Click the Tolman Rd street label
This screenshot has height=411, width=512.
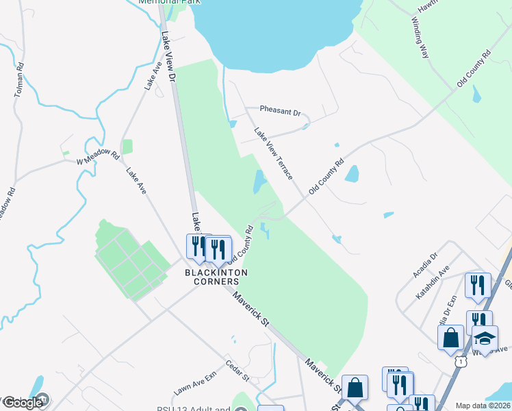(18, 80)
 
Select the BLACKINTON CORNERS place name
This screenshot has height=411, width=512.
(216, 277)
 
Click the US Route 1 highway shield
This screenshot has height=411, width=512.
(461, 360)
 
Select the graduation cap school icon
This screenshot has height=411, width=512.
(485, 338)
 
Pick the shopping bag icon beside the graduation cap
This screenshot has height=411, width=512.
(451, 336)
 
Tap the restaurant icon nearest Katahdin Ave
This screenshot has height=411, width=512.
(477, 284)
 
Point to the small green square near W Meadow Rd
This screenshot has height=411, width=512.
(127, 147)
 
